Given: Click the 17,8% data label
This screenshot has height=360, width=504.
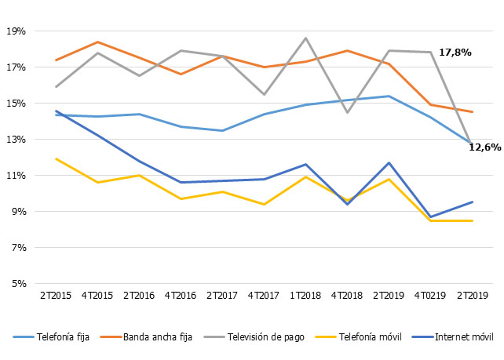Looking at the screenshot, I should [x=455, y=52].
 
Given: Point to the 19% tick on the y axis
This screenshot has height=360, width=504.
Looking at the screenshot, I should [x=16, y=31].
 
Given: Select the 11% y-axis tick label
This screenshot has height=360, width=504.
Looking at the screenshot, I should [x=16, y=176].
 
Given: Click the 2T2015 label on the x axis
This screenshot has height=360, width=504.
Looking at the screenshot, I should [x=56, y=296].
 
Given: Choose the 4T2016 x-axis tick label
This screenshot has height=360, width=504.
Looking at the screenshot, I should [x=181, y=296].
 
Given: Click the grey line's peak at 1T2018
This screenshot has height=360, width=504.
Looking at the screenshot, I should [x=305, y=38].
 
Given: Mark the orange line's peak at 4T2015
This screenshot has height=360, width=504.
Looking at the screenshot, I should [x=97, y=42].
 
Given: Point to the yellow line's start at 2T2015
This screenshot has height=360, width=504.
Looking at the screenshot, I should [x=56, y=158].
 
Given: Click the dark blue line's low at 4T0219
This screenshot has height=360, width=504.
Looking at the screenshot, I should [x=429, y=217].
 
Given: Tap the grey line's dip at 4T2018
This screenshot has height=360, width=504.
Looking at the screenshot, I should [x=346, y=113].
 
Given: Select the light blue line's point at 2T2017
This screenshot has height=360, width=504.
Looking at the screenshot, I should [x=222, y=131].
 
